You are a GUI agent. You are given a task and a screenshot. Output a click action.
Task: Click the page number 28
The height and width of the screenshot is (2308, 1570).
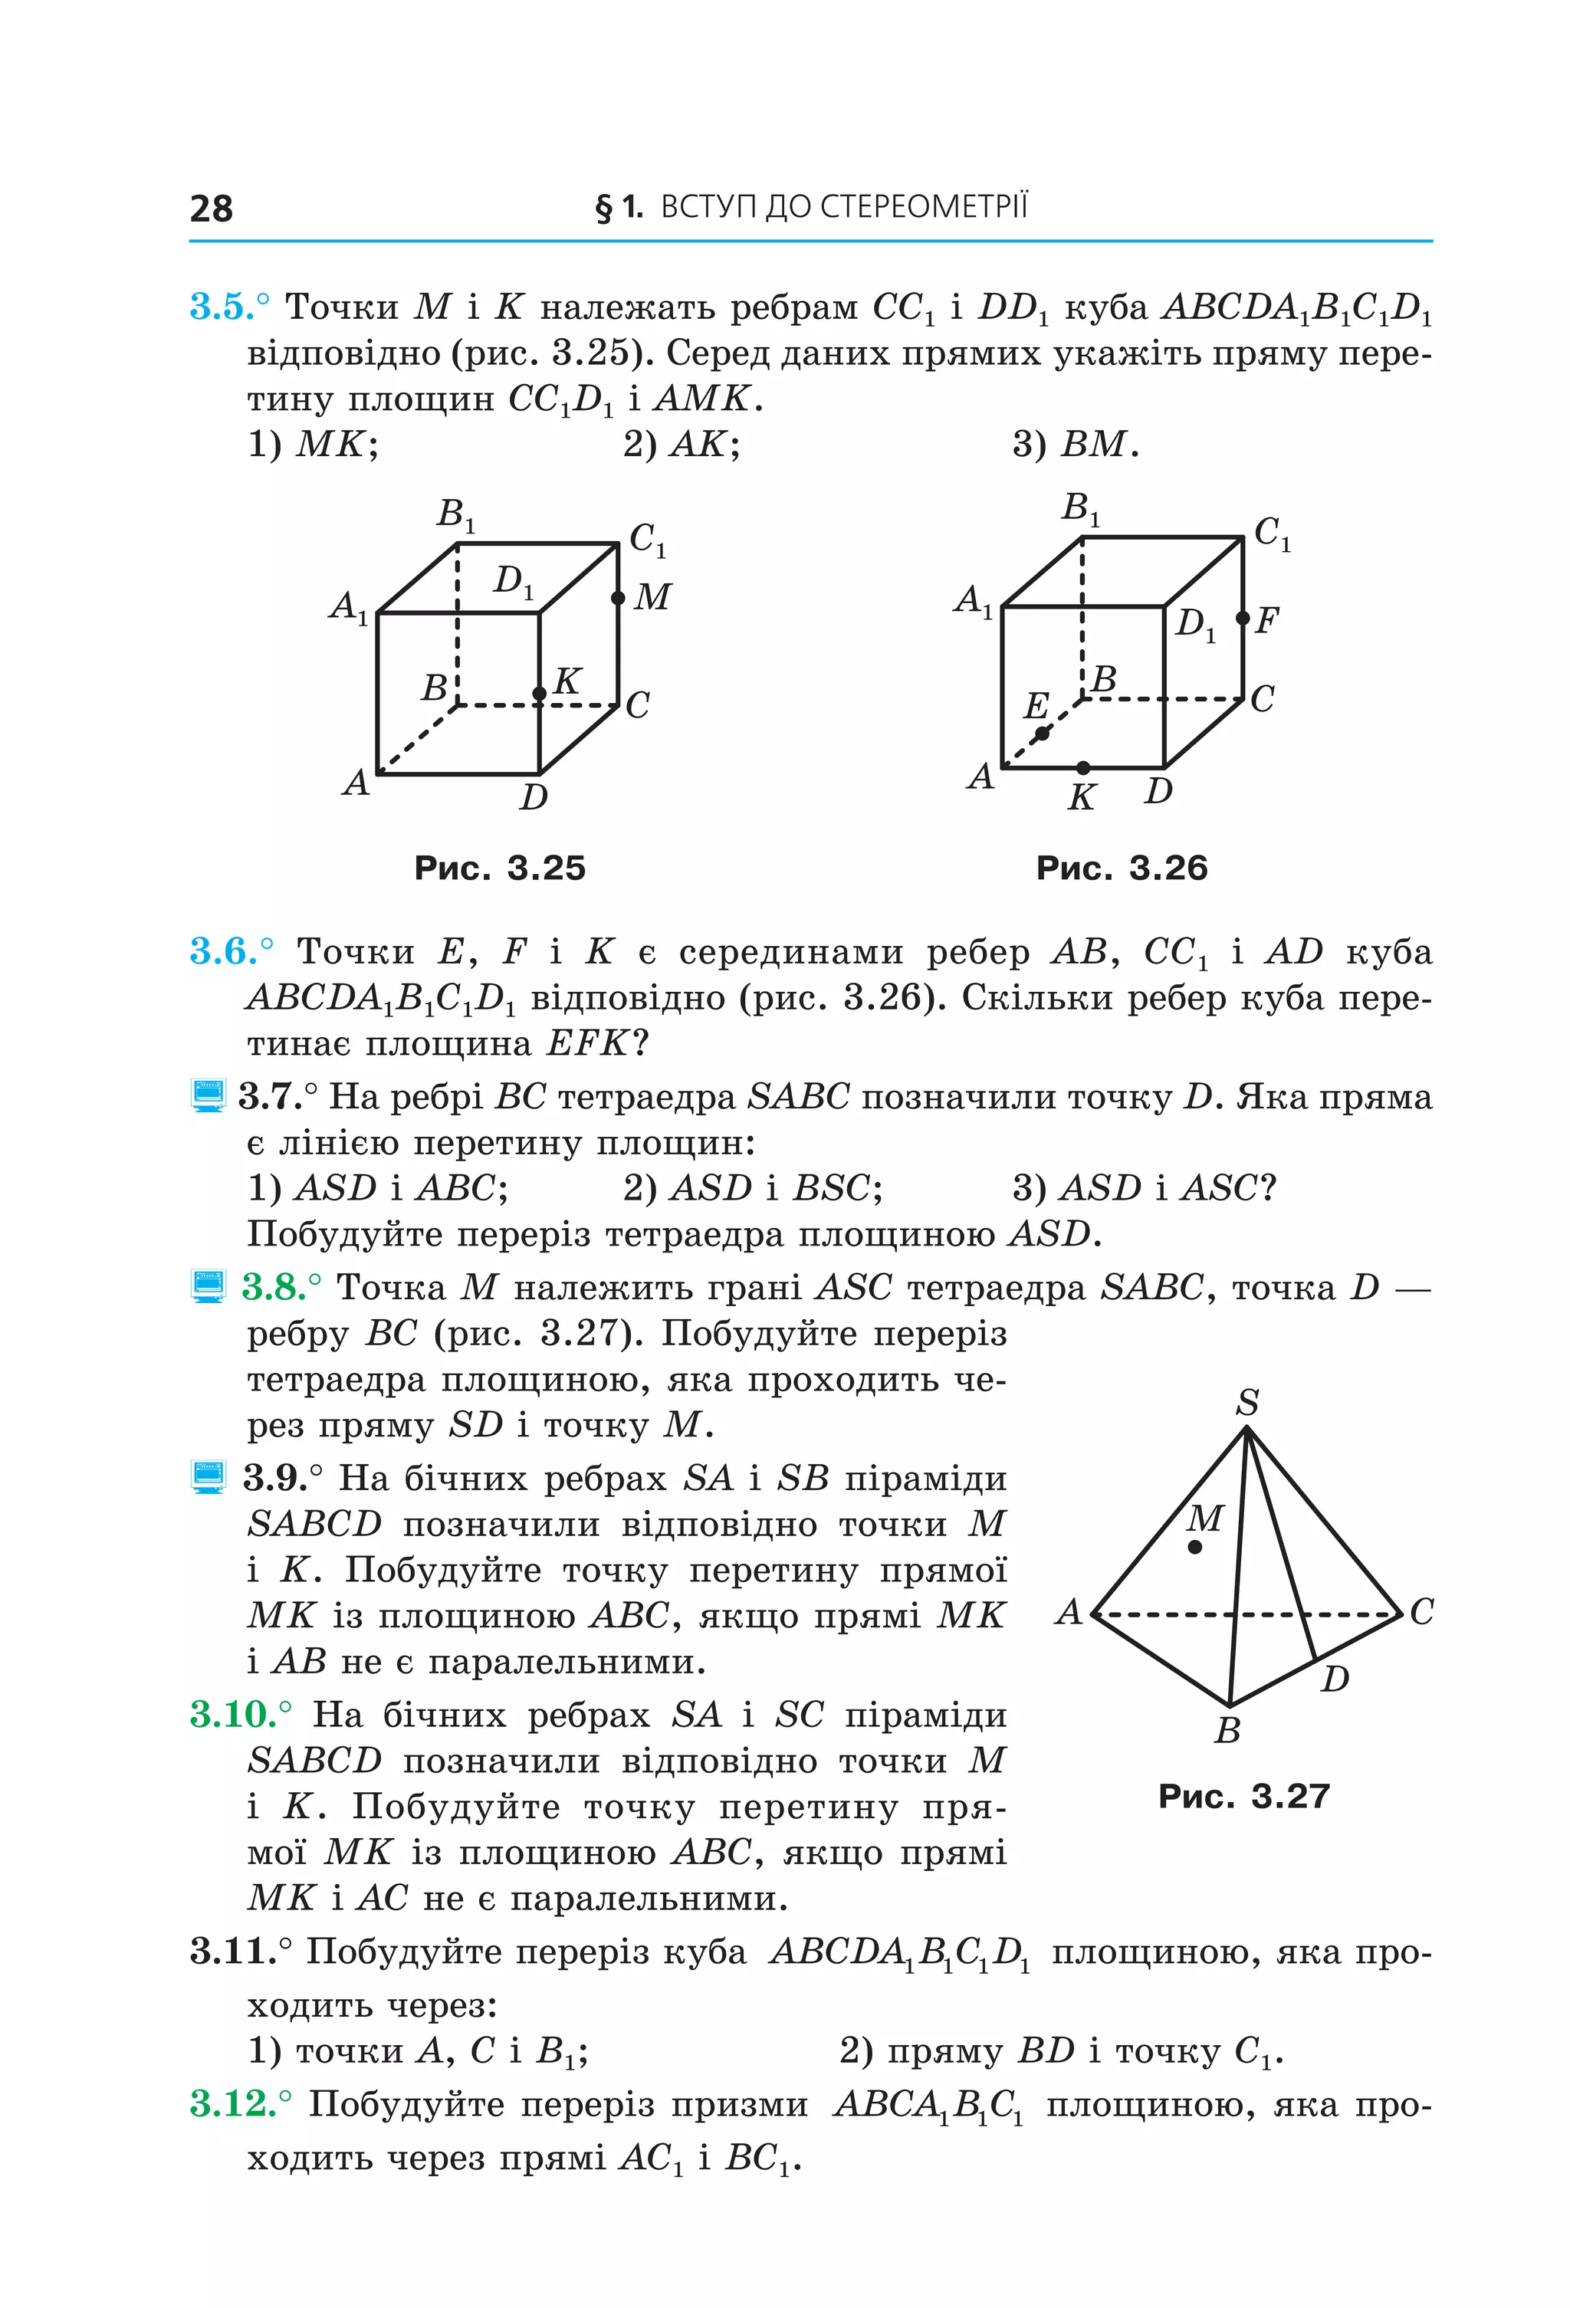pos(211,208)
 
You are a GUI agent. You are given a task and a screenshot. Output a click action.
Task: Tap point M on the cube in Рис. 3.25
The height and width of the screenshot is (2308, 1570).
pos(618,598)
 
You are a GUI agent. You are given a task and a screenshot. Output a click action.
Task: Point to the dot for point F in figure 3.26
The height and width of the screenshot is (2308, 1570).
pos(1243,619)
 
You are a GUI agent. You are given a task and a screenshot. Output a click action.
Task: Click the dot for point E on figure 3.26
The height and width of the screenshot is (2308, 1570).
pos(1042,734)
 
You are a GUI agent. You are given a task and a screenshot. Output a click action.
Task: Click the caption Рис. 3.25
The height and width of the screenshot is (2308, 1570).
pos(500,868)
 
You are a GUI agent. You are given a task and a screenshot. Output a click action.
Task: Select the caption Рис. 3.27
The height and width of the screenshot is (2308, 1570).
pos(1243,1795)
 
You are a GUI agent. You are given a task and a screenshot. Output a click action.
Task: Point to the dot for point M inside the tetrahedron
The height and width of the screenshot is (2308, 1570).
pos(1194,1546)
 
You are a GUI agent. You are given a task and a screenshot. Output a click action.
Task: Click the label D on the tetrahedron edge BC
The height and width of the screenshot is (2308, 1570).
pos(1335,1679)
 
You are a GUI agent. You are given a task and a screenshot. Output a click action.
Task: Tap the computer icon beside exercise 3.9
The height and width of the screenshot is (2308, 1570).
pos(208,1478)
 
